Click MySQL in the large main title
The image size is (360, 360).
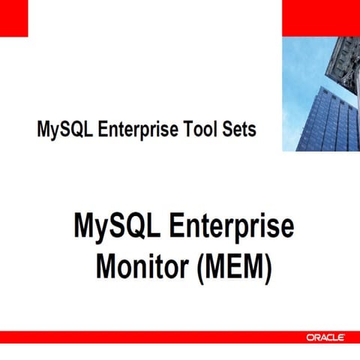115,226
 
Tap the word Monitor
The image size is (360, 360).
141,267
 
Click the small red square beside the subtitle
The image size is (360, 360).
13,17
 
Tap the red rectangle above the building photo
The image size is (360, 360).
320,17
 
